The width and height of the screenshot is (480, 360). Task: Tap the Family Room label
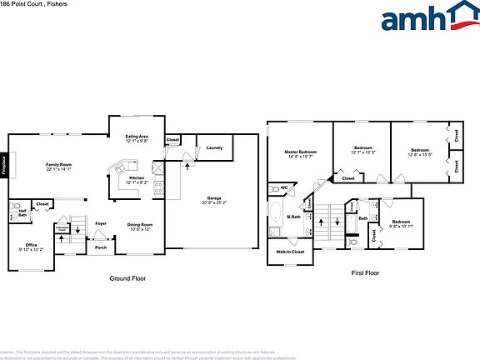coord(58,165)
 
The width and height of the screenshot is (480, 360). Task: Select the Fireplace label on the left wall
coord(4,164)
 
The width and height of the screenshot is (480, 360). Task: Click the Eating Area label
coord(137,136)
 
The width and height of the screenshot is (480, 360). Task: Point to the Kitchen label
coord(137,177)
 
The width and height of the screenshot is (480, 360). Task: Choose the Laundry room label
coord(214,147)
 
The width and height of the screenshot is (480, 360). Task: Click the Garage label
coord(214,199)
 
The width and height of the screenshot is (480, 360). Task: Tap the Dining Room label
coord(139,224)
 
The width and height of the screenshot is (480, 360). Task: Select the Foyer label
coord(100,223)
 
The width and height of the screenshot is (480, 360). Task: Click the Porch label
coord(100,247)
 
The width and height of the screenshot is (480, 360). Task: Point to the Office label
coord(31,244)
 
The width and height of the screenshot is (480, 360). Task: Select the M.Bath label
coord(293,217)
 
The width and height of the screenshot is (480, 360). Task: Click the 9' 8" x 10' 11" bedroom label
coord(402,223)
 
